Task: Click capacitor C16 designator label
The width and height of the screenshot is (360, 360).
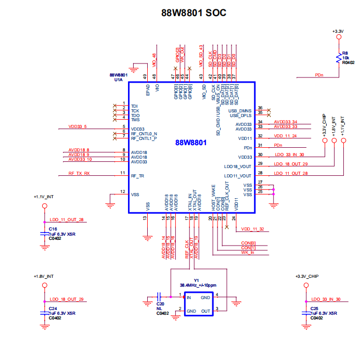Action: click(x=53, y=229)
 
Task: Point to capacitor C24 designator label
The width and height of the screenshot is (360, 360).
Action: click(x=53, y=308)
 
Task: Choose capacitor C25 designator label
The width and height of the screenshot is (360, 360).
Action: click(x=314, y=308)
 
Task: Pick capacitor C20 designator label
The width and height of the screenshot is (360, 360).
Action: click(x=160, y=304)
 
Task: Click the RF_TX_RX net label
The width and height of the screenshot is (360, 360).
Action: click(x=79, y=173)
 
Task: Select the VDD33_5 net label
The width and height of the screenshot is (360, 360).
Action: click(x=78, y=127)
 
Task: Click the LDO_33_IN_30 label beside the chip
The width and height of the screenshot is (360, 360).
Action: click(x=289, y=155)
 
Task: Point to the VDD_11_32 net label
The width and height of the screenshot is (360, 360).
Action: click(x=252, y=229)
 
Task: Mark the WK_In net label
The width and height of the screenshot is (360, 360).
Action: click(x=249, y=252)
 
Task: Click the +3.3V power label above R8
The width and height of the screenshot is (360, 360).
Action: click(x=338, y=32)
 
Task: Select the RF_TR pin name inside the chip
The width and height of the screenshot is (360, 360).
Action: click(x=137, y=176)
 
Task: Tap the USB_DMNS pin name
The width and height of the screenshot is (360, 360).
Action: click(x=240, y=111)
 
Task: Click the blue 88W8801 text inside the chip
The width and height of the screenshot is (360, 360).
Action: click(x=191, y=143)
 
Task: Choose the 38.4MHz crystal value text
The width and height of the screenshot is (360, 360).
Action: click(x=198, y=285)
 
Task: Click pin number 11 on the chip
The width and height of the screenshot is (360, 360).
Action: click(x=123, y=173)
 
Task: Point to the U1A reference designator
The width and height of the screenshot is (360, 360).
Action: click(x=119, y=80)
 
